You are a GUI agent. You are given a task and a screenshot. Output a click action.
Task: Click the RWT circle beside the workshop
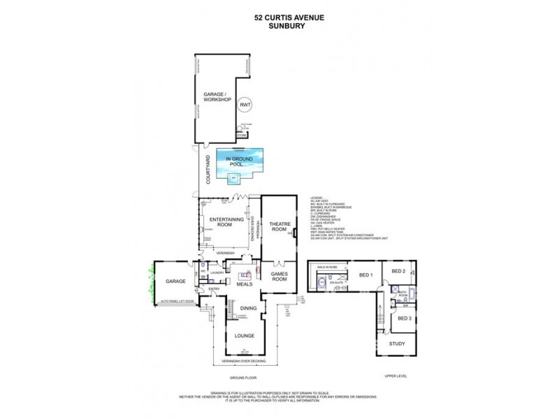[x=245, y=105]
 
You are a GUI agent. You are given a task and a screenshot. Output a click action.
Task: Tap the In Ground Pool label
[x=238, y=163]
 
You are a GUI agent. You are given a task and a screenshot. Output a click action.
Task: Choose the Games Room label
[x=279, y=277]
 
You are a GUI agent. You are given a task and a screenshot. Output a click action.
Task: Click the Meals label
[x=245, y=284]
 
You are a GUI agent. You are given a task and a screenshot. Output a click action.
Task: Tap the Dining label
[x=248, y=308]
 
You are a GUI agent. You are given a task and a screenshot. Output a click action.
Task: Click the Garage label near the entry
[x=175, y=281]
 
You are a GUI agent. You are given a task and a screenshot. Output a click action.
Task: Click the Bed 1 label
[x=366, y=274]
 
